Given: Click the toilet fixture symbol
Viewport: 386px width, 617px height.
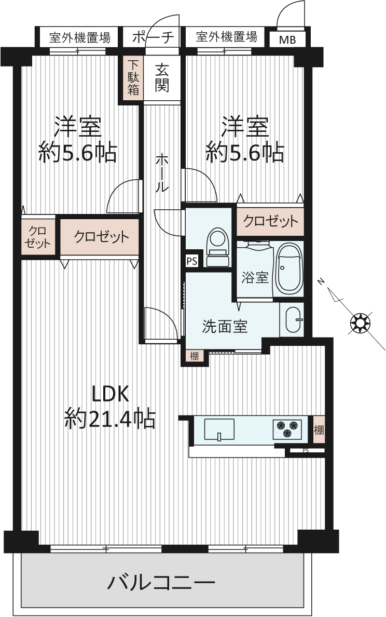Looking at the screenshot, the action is (x=218, y=247).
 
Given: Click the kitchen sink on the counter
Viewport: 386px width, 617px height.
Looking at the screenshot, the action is (x=219, y=430).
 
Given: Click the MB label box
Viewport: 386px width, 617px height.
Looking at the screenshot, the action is (x=287, y=39).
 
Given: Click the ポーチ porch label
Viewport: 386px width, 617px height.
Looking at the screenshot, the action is (x=153, y=37).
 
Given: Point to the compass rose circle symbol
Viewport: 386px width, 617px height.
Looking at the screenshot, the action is (x=360, y=323).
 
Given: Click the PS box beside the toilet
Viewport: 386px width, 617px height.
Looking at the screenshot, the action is (x=192, y=261).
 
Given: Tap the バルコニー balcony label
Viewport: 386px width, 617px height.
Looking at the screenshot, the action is (x=161, y=582).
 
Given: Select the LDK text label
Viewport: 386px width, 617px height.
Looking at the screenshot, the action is (x=110, y=394).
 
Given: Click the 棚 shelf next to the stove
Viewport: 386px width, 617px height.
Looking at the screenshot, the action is (x=319, y=430).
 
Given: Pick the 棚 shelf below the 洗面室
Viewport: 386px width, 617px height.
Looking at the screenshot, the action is (x=194, y=356).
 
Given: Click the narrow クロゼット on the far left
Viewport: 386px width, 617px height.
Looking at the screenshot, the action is (x=38, y=237).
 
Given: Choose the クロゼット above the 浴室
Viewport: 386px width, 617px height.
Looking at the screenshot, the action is (x=270, y=222).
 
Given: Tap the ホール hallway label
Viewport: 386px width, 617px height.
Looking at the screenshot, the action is (x=162, y=173).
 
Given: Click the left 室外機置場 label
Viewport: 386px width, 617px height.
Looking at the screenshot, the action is (x=80, y=38).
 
